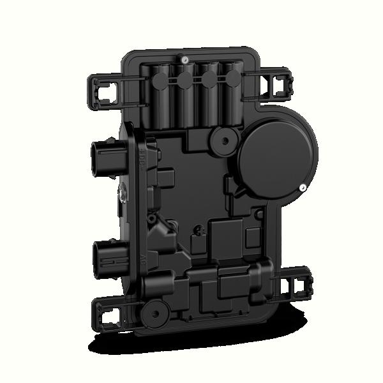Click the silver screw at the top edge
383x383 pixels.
(184, 59)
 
